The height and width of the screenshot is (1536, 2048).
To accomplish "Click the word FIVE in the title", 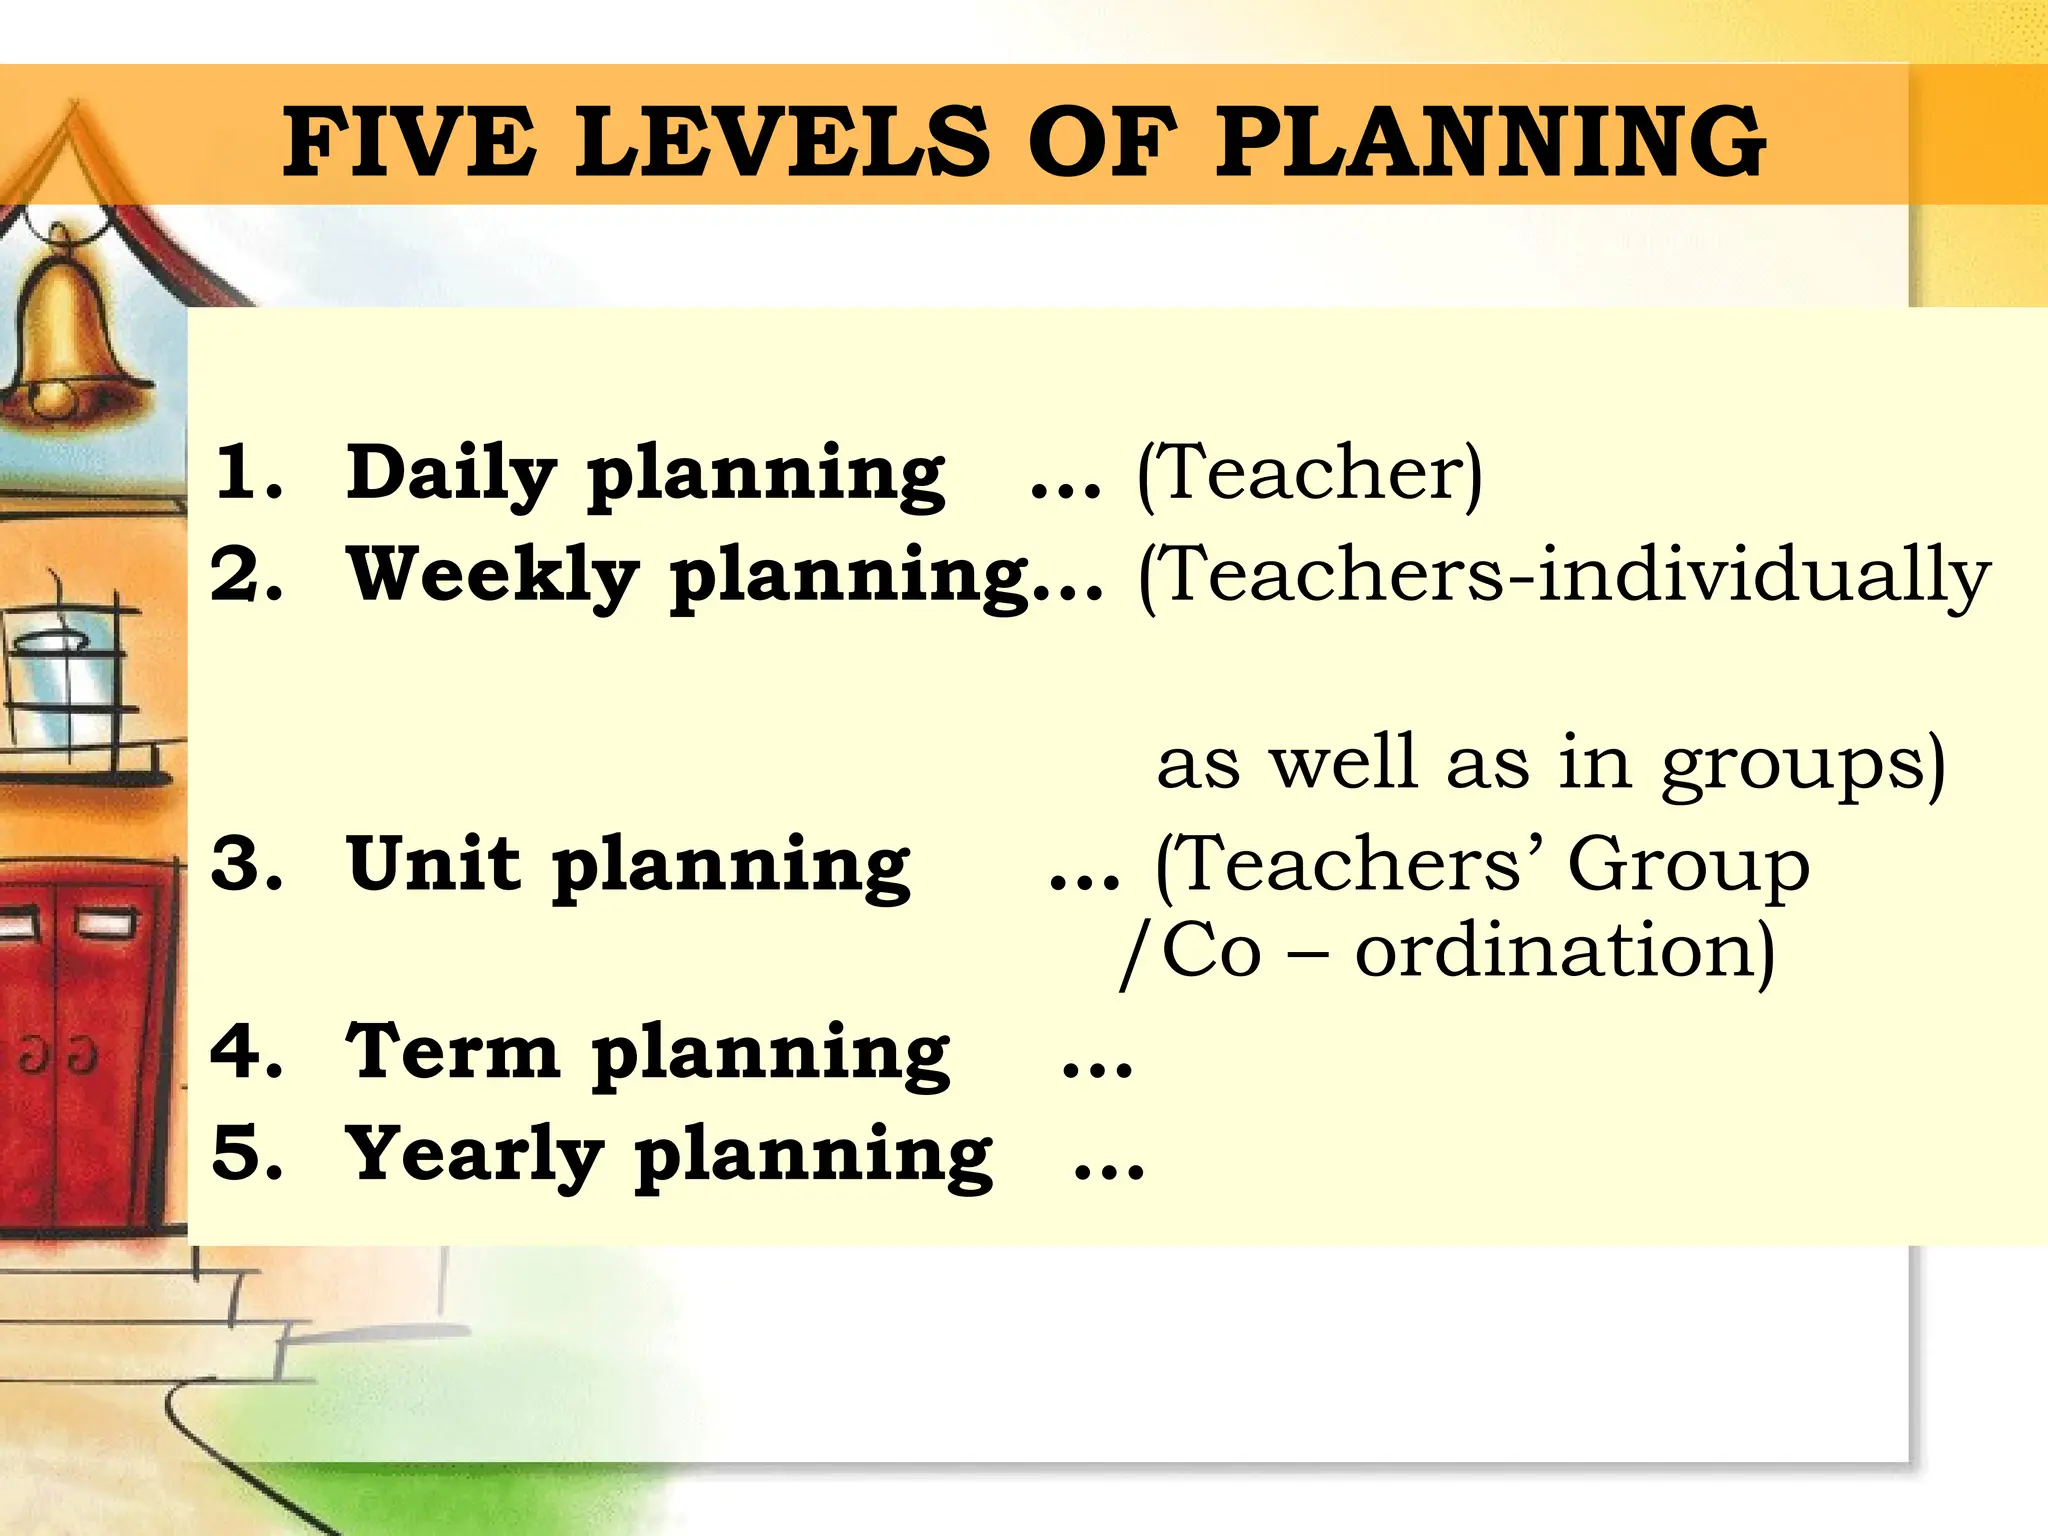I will [407, 142].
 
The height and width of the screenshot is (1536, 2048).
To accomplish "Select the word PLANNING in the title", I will [1490, 142].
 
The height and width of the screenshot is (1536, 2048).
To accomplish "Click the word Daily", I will [450, 474].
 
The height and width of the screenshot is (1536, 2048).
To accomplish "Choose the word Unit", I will [433, 864].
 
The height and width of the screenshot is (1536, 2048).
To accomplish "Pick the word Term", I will [452, 1052].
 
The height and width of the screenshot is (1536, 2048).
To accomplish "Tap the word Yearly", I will [474, 1154].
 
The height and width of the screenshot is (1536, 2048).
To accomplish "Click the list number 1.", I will [245, 472].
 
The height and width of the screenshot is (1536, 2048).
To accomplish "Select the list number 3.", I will [245, 864].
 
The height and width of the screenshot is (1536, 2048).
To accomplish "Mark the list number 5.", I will [245, 1154].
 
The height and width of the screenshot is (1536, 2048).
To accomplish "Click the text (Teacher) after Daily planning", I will [1310, 474].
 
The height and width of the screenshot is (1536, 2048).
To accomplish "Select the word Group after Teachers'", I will [1688, 866].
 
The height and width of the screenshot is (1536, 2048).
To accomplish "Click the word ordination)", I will [1565, 950].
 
